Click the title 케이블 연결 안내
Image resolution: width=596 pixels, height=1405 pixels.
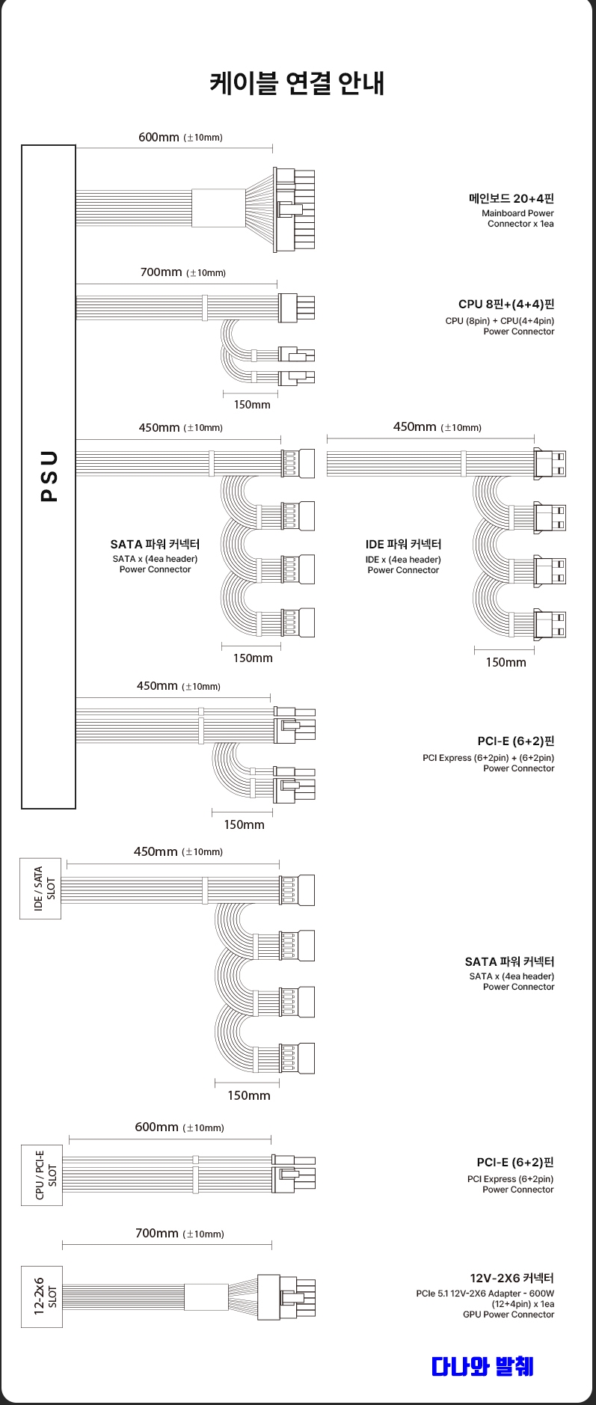[297, 83]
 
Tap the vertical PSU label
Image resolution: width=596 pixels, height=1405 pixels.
[49, 477]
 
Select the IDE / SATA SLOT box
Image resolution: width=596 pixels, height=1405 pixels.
[40, 888]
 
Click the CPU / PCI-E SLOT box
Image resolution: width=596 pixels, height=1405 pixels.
[42, 1175]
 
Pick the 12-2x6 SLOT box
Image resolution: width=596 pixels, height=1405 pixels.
[42, 1297]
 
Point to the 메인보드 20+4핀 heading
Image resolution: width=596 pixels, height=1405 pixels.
[511, 198]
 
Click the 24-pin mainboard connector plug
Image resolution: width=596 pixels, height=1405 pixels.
[295, 209]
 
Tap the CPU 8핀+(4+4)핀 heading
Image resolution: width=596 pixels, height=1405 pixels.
[506, 304]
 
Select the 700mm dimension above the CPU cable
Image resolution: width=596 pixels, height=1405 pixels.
[161, 272]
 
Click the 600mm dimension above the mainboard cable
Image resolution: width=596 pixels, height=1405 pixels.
[159, 137]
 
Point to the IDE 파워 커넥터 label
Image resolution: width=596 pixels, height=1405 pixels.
[403, 544]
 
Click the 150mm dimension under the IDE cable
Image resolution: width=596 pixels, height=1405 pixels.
[506, 662]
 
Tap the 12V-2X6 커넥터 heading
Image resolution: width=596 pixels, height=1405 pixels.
[511, 1278]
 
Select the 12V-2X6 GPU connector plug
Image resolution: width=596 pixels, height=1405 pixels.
[286, 1297]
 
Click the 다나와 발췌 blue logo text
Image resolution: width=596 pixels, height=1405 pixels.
[482, 1366]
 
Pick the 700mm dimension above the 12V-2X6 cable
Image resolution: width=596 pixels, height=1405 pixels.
[157, 1233]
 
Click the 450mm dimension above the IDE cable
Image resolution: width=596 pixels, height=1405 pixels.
[414, 427]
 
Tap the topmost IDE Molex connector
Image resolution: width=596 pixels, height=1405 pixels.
[550, 463]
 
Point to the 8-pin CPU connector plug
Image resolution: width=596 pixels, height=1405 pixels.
[297, 307]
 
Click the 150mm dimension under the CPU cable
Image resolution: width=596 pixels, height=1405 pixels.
[252, 405]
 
